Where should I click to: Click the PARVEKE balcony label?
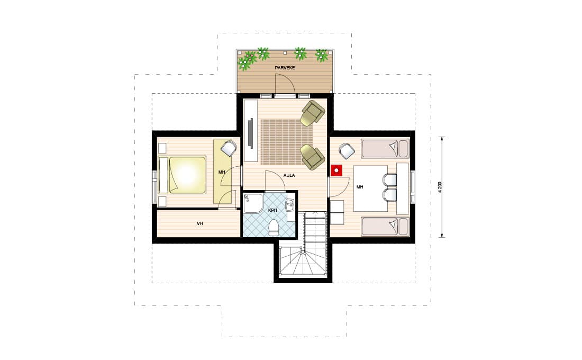click(x=285, y=68)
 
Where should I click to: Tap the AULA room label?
click(x=289, y=175)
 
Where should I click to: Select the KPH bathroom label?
click(x=273, y=210)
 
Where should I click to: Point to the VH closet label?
click(x=199, y=223)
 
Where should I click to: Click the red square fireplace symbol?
click(x=337, y=170)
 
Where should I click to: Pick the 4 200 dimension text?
click(x=440, y=187)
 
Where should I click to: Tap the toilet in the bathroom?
click(x=274, y=227)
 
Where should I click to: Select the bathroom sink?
click(x=290, y=204)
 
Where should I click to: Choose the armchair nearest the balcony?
click(x=312, y=113)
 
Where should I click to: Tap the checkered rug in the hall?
click(x=287, y=141)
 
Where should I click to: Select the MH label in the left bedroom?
click(x=222, y=173)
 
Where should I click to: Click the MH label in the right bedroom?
click(x=360, y=187)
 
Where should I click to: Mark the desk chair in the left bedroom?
click(x=228, y=148)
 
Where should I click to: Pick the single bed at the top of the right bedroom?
click(x=385, y=149)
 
